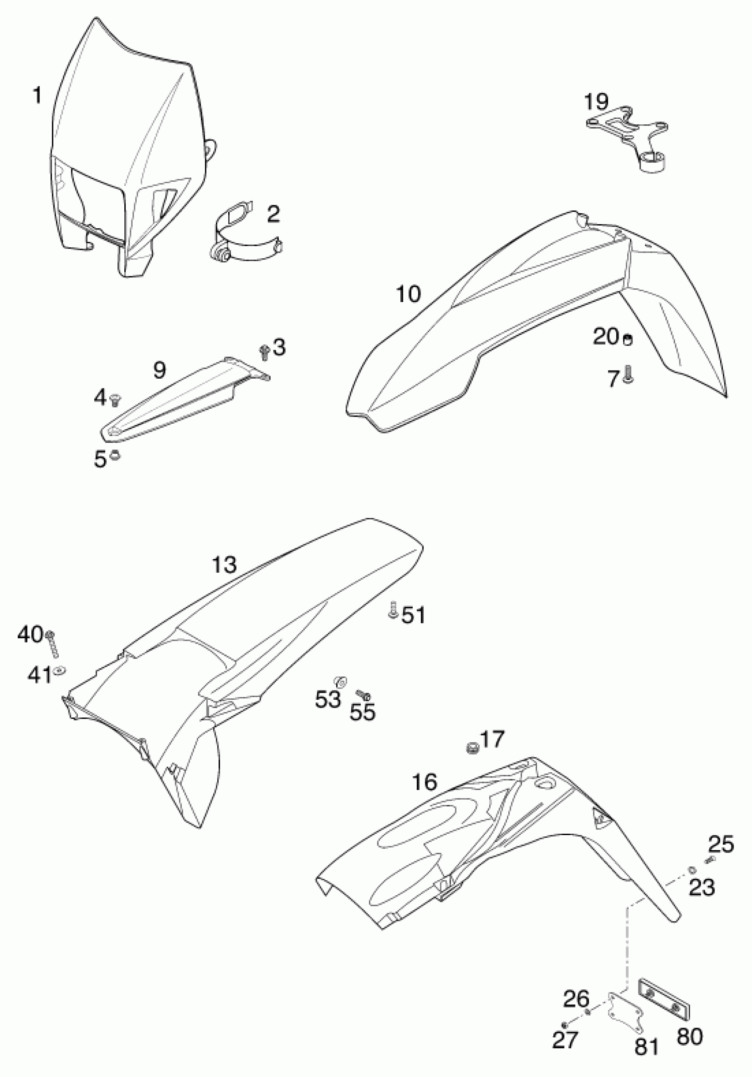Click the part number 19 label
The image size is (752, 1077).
click(596, 101)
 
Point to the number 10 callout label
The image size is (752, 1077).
click(409, 294)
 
